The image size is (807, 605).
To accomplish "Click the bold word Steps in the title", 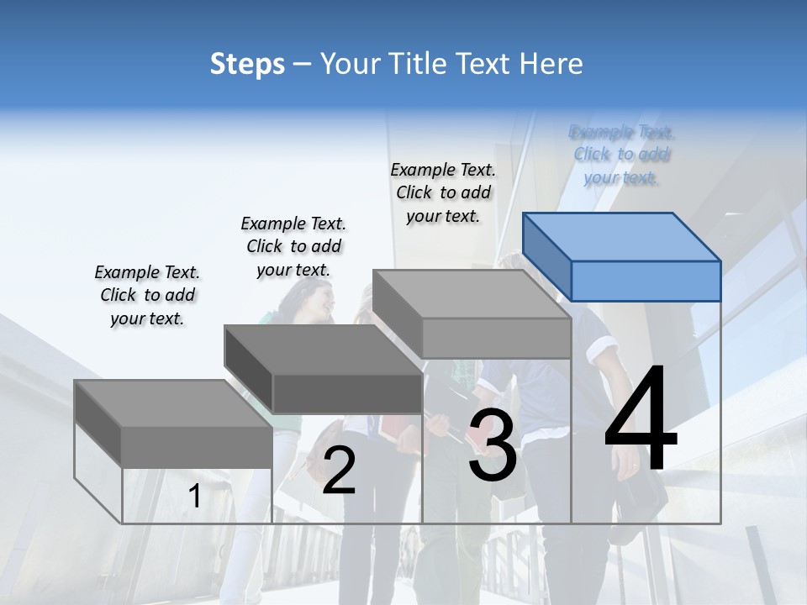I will click(247, 64).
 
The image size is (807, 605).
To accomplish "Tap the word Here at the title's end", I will click(551, 64).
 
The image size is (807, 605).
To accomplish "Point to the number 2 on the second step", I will click(339, 471).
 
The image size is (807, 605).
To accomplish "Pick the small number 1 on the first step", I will click(194, 497).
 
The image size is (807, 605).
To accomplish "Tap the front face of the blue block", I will click(646, 281).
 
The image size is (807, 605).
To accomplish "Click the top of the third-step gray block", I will click(471, 294).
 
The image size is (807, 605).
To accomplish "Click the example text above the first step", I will click(147, 295).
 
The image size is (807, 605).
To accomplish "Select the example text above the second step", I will click(293, 246).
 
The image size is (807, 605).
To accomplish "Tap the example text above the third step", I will click(443, 192).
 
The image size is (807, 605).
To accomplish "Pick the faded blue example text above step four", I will click(621, 155).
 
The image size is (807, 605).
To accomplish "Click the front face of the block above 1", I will click(197, 447).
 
